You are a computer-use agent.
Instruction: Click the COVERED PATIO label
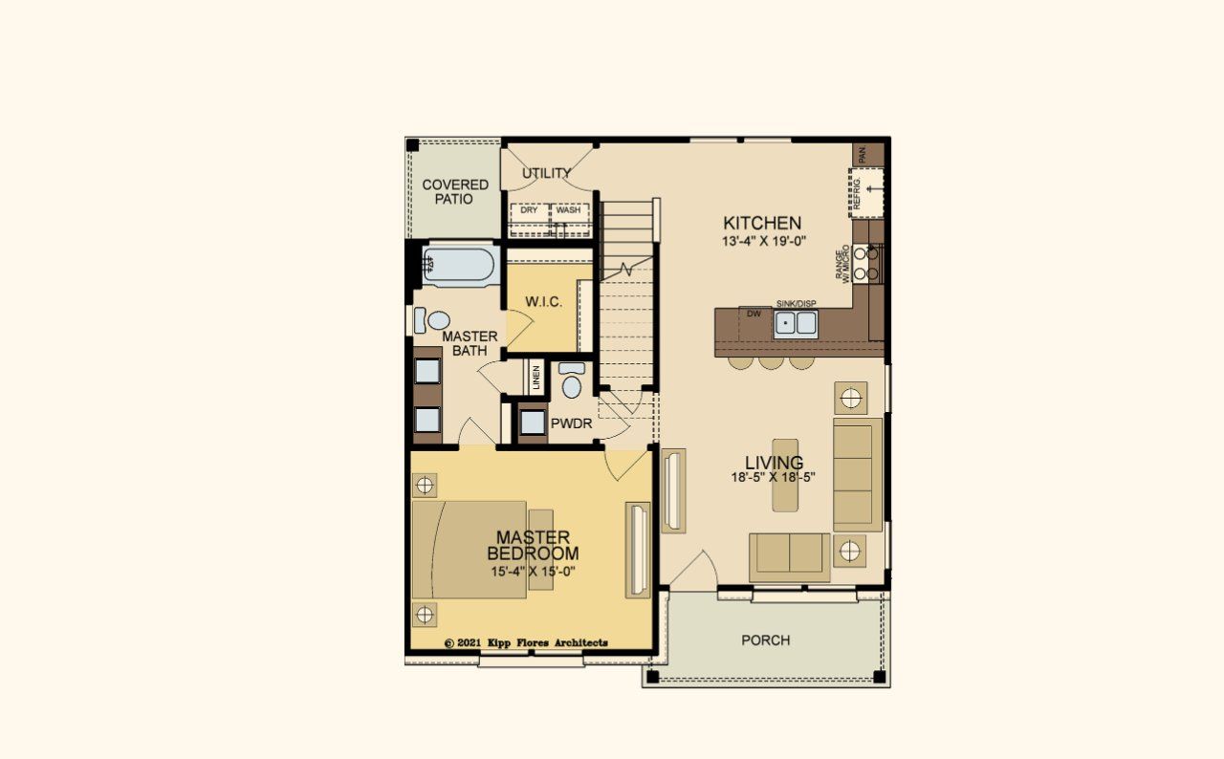coord(455,191)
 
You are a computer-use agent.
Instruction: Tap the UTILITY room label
coord(547,173)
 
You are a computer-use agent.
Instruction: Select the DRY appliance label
coord(529,210)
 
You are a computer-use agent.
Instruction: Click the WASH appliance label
coord(568,210)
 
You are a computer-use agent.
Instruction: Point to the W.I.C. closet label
coord(543,302)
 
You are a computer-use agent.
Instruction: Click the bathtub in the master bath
coord(460,266)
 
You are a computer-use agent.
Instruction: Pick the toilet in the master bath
coord(436,320)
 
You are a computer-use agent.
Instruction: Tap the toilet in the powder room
coord(572,382)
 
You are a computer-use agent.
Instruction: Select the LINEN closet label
coord(535,379)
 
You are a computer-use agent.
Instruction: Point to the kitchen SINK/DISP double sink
coord(796,323)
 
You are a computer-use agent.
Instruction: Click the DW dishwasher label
coord(754,313)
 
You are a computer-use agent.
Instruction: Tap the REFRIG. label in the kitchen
coord(858,192)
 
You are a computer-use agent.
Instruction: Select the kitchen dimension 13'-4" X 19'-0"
coord(765,242)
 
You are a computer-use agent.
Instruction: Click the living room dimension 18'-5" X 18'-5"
coord(775,478)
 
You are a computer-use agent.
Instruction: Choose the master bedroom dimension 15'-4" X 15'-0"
coord(533,572)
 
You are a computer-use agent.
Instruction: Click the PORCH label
coord(766,640)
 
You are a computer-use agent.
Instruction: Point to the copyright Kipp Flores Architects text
coord(527,643)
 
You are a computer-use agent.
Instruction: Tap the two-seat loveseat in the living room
coord(790,554)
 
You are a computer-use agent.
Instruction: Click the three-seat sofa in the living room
coord(857,474)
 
